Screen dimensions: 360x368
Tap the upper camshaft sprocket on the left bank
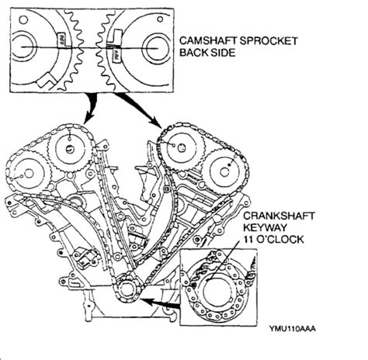click(70, 142)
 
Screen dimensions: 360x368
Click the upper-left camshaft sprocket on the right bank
click(179, 147)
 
